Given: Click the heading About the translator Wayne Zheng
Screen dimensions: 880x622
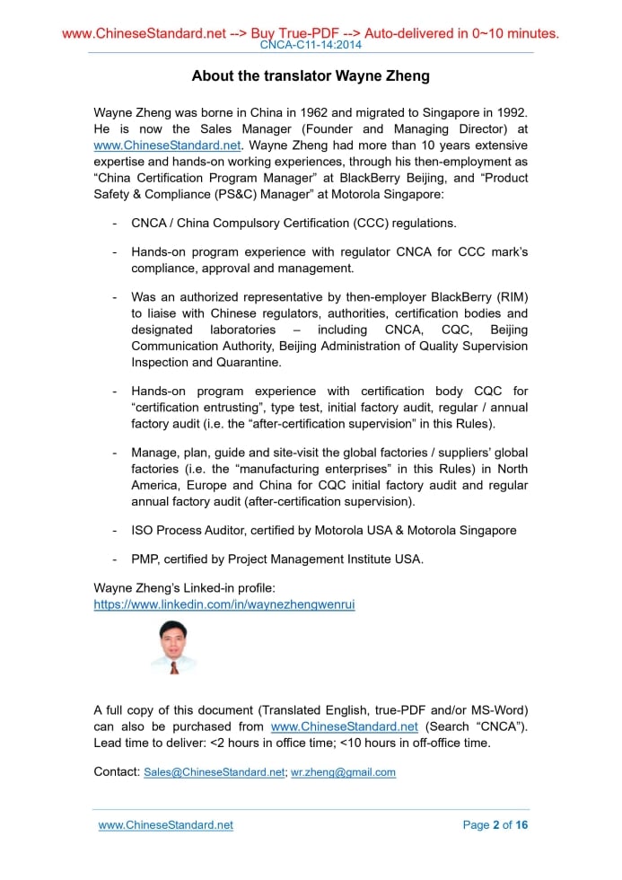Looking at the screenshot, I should (311, 76).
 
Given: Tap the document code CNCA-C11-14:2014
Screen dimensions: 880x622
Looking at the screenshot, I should (311, 45).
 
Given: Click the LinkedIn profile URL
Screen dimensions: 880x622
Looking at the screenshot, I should (224, 604).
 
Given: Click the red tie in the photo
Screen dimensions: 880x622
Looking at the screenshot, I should (173, 667).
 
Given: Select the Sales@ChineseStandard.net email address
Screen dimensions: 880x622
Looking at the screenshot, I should (215, 772).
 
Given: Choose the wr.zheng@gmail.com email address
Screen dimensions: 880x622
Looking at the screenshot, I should (343, 772).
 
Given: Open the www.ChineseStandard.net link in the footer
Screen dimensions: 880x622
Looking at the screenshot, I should (165, 825).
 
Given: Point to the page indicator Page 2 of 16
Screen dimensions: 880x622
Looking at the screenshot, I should (495, 825).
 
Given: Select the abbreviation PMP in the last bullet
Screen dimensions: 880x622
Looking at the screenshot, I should (145, 559).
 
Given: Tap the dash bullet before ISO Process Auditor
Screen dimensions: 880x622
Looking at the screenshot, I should (114, 530).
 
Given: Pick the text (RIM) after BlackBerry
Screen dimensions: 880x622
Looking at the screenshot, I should (508, 296).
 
